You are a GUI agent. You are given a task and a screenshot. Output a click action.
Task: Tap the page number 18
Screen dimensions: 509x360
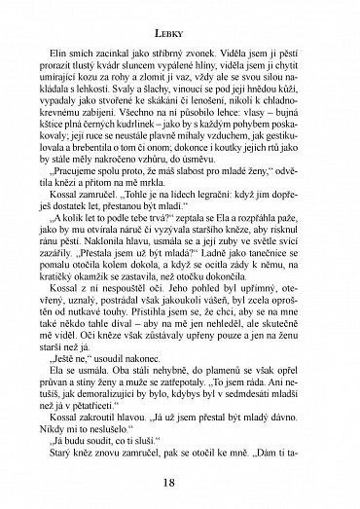(x=181, y=484)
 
